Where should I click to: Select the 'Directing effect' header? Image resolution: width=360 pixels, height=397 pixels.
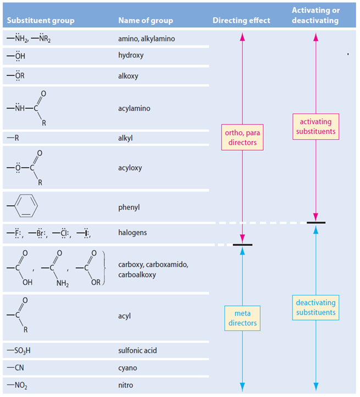(241, 21)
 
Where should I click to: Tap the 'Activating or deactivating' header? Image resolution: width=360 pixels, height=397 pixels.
(315, 15)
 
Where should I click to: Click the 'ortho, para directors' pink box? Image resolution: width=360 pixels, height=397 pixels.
(242, 137)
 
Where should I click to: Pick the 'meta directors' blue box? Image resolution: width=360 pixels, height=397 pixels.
(242, 318)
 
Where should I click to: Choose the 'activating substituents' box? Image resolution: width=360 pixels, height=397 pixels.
(315, 126)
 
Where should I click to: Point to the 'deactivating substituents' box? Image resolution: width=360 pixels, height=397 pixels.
(315, 307)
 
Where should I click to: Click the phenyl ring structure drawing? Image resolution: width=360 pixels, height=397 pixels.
(25, 207)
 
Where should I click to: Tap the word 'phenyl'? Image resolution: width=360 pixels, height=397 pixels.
(129, 207)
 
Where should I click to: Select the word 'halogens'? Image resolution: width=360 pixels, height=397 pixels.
(132, 233)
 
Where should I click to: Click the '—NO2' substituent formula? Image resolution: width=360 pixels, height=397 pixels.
(18, 385)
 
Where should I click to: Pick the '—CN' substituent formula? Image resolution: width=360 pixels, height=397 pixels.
(16, 367)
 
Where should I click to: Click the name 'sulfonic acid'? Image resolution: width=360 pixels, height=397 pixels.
(138, 350)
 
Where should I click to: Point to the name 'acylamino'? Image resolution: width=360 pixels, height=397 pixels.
(134, 108)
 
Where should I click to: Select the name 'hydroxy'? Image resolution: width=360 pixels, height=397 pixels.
(131, 56)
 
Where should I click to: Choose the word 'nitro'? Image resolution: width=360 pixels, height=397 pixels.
(126, 385)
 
